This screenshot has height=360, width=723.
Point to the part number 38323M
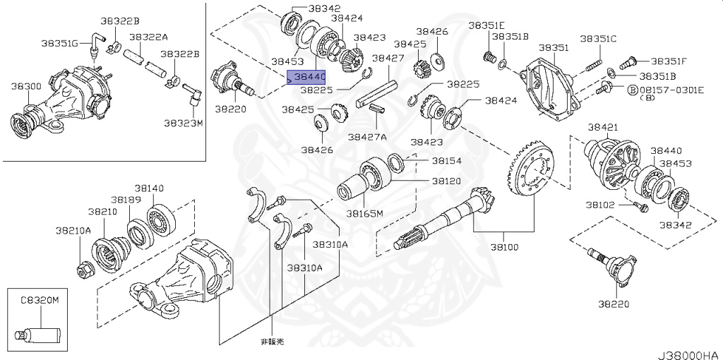[x=183, y=123]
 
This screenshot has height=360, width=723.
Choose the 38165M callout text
[x=364, y=212]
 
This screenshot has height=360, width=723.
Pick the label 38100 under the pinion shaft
[x=504, y=248]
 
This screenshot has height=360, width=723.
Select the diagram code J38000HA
[x=689, y=351]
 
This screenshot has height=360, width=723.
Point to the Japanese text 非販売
[x=273, y=342]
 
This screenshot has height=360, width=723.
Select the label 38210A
[x=73, y=230]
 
